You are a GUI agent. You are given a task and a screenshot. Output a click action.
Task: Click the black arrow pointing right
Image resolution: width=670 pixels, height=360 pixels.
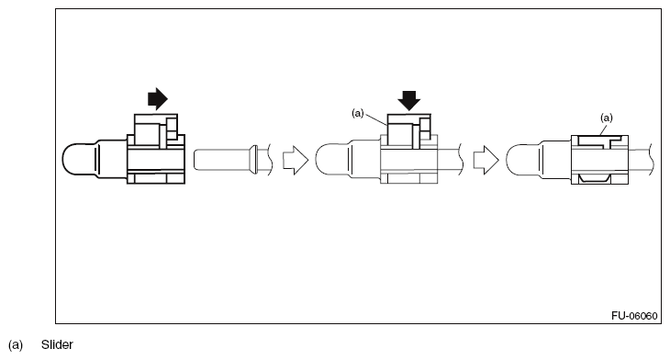[x=158, y=99]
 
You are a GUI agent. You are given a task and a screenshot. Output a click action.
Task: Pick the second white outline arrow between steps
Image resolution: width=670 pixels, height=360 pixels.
[x=486, y=159]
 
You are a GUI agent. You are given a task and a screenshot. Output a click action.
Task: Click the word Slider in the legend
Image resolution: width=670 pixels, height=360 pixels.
[x=57, y=345]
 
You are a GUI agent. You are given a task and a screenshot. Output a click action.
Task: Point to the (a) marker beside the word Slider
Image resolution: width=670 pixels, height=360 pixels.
[x=16, y=345]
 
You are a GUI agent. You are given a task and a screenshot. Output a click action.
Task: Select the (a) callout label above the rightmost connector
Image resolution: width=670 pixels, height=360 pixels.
[x=605, y=118]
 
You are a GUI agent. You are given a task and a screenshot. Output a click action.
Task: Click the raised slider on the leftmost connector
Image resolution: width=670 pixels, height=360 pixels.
[x=151, y=129]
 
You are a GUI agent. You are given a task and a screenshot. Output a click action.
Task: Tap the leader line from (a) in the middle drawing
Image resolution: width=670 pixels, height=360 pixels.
[x=376, y=119]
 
